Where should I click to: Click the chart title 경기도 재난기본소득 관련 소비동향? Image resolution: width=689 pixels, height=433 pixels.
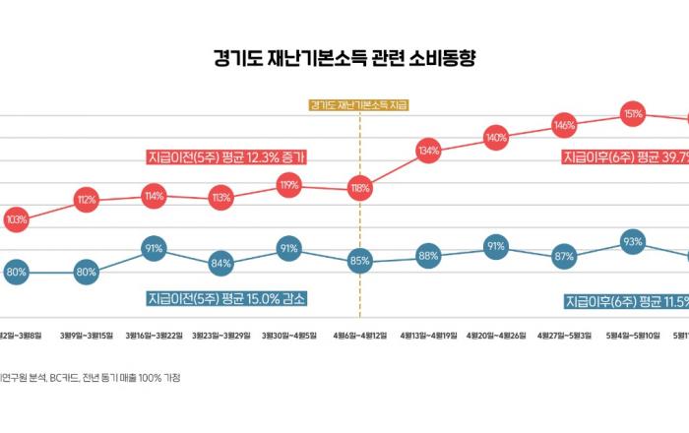[x=344, y=58]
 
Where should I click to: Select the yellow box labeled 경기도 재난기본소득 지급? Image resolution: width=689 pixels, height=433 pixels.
[x=358, y=104]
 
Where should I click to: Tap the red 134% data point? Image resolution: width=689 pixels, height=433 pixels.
[x=427, y=152]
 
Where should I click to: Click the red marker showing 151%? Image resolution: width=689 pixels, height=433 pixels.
[x=633, y=114]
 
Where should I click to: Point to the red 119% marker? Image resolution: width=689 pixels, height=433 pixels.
[x=289, y=184]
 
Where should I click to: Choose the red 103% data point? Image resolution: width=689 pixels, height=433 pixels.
[x=17, y=219]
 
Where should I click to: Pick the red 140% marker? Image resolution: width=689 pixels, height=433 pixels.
[x=496, y=137]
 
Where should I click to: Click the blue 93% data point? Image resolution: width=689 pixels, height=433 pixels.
[x=633, y=242]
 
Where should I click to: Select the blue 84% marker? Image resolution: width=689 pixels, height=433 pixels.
[x=220, y=263]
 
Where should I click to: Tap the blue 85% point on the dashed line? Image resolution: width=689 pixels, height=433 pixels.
[x=359, y=261]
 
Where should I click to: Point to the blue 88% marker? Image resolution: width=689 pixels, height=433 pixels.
[x=427, y=256]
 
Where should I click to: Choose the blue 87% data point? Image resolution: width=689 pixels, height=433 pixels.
[x=564, y=257]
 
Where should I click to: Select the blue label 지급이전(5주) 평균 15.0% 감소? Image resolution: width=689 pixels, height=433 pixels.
[x=234, y=297]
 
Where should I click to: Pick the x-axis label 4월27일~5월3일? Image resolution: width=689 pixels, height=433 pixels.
[x=564, y=336]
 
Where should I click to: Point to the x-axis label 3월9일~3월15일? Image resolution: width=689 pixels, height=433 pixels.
[x=86, y=336]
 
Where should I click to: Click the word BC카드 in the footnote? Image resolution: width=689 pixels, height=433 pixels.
[x=61, y=377]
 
